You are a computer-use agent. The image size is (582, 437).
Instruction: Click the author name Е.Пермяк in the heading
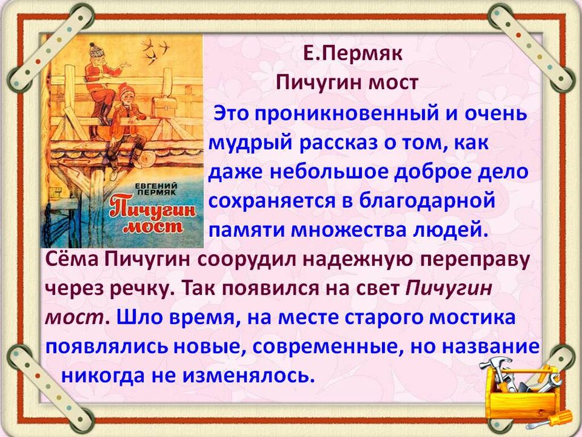coord(352,55)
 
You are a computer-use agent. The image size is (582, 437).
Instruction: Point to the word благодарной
coord(427,201)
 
